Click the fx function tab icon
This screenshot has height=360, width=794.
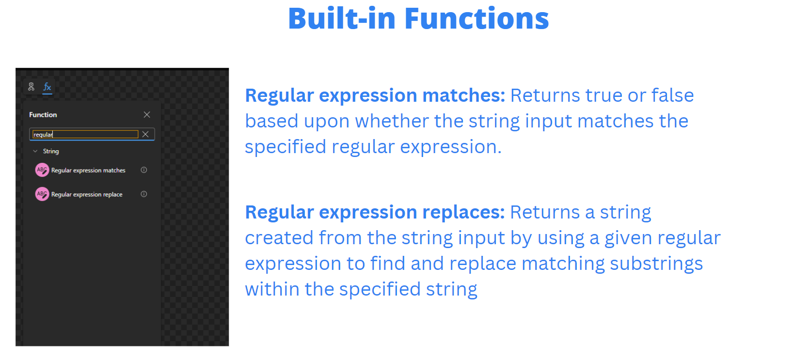pyautogui.click(x=47, y=87)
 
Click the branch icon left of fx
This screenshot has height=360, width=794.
pyautogui.click(x=31, y=87)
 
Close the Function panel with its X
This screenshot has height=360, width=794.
pyautogui.click(x=147, y=114)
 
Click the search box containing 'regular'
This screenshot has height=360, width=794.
pyautogui.click(x=85, y=134)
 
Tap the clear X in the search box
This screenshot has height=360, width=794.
pyautogui.click(x=145, y=134)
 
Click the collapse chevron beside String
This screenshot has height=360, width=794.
pyautogui.click(x=35, y=151)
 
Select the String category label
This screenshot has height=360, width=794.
pyautogui.click(x=51, y=151)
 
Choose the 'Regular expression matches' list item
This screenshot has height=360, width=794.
pyautogui.click(x=88, y=170)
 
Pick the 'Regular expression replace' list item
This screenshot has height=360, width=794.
pyautogui.click(x=87, y=194)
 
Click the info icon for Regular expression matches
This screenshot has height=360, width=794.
pyautogui.click(x=144, y=170)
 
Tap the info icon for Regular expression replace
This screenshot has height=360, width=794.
pyautogui.click(x=144, y=194)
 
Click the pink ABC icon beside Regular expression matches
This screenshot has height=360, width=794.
pyautogui.click(x=42, y=170)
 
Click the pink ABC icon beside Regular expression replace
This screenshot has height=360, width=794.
pyautogui.click(x=42, y=194)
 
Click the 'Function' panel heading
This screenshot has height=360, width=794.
pyautogui.click(x=43, y=115)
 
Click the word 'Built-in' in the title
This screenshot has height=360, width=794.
pyautogui.click(x=342, y=18)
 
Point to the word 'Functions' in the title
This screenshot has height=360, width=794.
pyautogui.click(x=477, y=18)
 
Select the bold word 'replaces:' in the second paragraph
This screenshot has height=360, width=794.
pyautogui.click(x=463, y=212)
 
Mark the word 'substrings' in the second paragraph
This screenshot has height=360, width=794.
pyautogui.click(x=656, y=264)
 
